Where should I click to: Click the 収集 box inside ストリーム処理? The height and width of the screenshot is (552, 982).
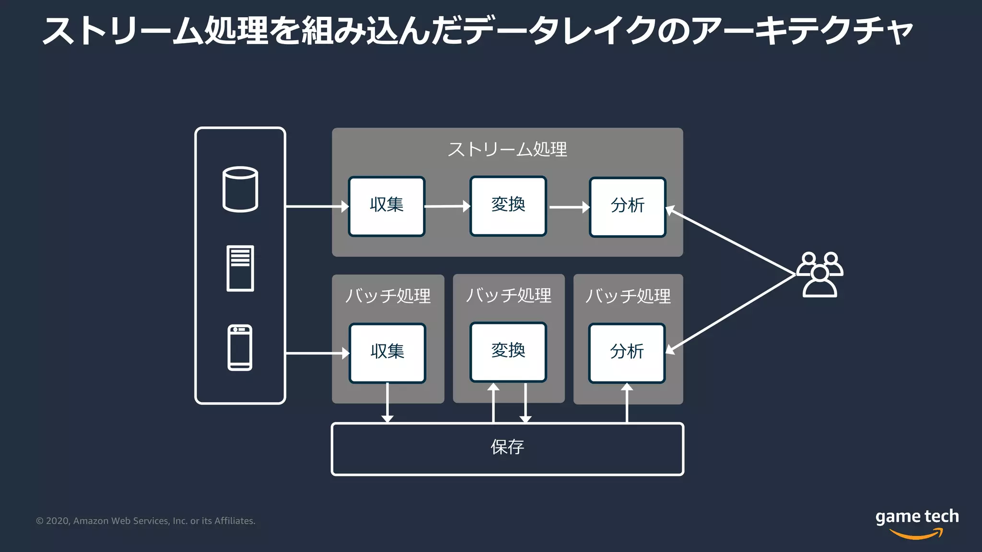(x=386, y=206)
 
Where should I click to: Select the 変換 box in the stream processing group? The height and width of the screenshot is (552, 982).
(x=508, y=206)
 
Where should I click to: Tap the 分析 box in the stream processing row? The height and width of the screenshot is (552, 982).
(x=627, y=207)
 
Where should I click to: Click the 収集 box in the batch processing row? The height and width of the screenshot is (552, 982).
(x=387, y=353)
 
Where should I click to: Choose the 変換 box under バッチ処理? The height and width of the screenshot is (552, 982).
(x=508, y=352)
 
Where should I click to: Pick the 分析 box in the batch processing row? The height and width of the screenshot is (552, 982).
(x=627, y=353)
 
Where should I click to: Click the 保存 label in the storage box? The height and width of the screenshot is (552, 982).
(x=507, y=447)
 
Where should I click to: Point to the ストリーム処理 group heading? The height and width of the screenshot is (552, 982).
(x=507, y=149)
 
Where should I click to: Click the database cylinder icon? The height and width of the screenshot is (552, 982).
(x=240, y=189)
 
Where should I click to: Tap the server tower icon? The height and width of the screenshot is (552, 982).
(x=240, y=268)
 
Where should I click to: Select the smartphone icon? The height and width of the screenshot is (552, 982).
(x=240, y=348)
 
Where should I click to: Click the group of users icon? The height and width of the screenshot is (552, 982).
(x=820, y=275)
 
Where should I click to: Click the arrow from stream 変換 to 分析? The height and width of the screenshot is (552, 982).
(x=569, y=207)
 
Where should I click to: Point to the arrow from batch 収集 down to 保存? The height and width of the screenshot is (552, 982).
(x=387, y=402)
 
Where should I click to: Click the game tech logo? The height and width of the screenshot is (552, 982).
(x=917, y=522)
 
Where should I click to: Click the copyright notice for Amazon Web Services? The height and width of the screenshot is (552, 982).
(x=146, y=521)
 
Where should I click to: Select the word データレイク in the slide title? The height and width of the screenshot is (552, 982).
(x=559, y=31)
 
